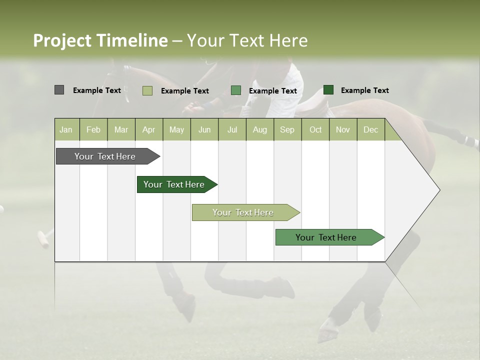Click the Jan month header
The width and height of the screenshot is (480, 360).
click(x=66, y=130)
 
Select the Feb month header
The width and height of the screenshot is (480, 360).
click(x=93, y=130)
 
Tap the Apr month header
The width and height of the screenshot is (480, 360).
click(x=148, y=130)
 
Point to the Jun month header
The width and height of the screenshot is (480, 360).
click(x=204, y=130)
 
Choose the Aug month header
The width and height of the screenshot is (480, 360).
click(x=259, y=130)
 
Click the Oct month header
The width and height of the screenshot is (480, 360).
click(x=315, y=130)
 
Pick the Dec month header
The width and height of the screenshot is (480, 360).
click(x=370, y=130)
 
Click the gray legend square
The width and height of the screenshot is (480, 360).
click(x=59, y=90)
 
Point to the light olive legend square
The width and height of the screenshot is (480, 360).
click(x=147, y=90)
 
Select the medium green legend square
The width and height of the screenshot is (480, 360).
click(x=236, y=90)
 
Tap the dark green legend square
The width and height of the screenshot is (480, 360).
click(x=328, y=90)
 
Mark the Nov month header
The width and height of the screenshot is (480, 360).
click(x=343, y=130)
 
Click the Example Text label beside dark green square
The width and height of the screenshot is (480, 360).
click(x=364, y=90)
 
